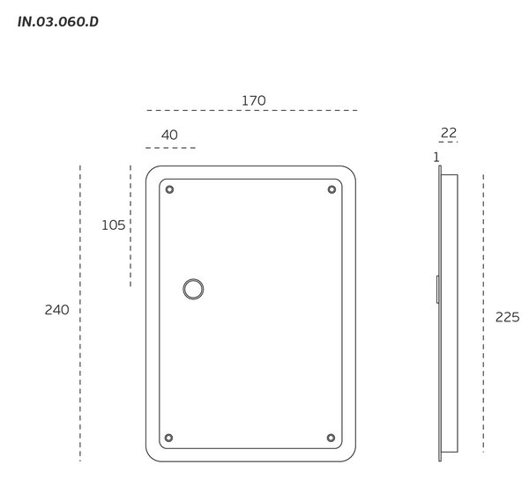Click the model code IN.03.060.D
(x=58, y=21)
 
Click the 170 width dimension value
(x=254, y=100)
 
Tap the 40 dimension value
(x=169, y=135)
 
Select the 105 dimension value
(x=114, y=225)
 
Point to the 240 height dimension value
(x=56, y=310)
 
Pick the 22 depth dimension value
(x=449, y=133)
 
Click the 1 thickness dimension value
(x=436, y=157)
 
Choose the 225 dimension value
(x=508, y=317)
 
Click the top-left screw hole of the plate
(x=169, y=189)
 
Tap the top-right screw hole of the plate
(x=332, y=189)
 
